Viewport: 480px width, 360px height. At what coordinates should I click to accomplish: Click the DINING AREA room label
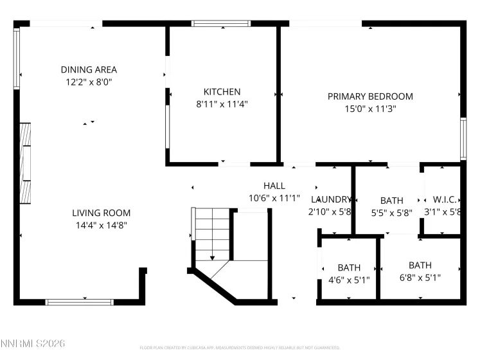coord(89,69)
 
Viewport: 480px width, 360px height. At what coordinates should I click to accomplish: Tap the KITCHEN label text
coord(222,92)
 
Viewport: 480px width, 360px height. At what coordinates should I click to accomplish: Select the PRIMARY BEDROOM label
coord(370,96)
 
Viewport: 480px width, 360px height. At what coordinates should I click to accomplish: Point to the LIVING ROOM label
coord(101,213)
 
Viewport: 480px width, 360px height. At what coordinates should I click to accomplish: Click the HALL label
coord(274,186)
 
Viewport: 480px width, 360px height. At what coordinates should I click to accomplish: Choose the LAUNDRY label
coord(331,199)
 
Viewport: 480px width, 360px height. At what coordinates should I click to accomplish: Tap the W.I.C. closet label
coord(443,199)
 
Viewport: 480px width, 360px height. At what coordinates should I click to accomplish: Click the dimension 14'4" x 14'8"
coord(101,225)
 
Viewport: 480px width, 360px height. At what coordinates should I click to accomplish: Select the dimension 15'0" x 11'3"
coord(370,109)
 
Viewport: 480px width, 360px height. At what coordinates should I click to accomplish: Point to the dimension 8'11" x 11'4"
coord(222,104)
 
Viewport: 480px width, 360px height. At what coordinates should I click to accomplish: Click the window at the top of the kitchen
coord(222,24)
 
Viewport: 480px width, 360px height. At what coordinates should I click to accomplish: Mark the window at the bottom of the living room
coord(80,301)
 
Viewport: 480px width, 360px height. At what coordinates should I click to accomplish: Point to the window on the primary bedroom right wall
coord(463,138)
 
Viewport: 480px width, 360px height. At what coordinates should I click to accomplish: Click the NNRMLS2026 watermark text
coord(32,345)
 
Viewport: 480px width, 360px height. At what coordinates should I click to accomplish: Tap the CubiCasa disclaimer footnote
coord(240,348)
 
